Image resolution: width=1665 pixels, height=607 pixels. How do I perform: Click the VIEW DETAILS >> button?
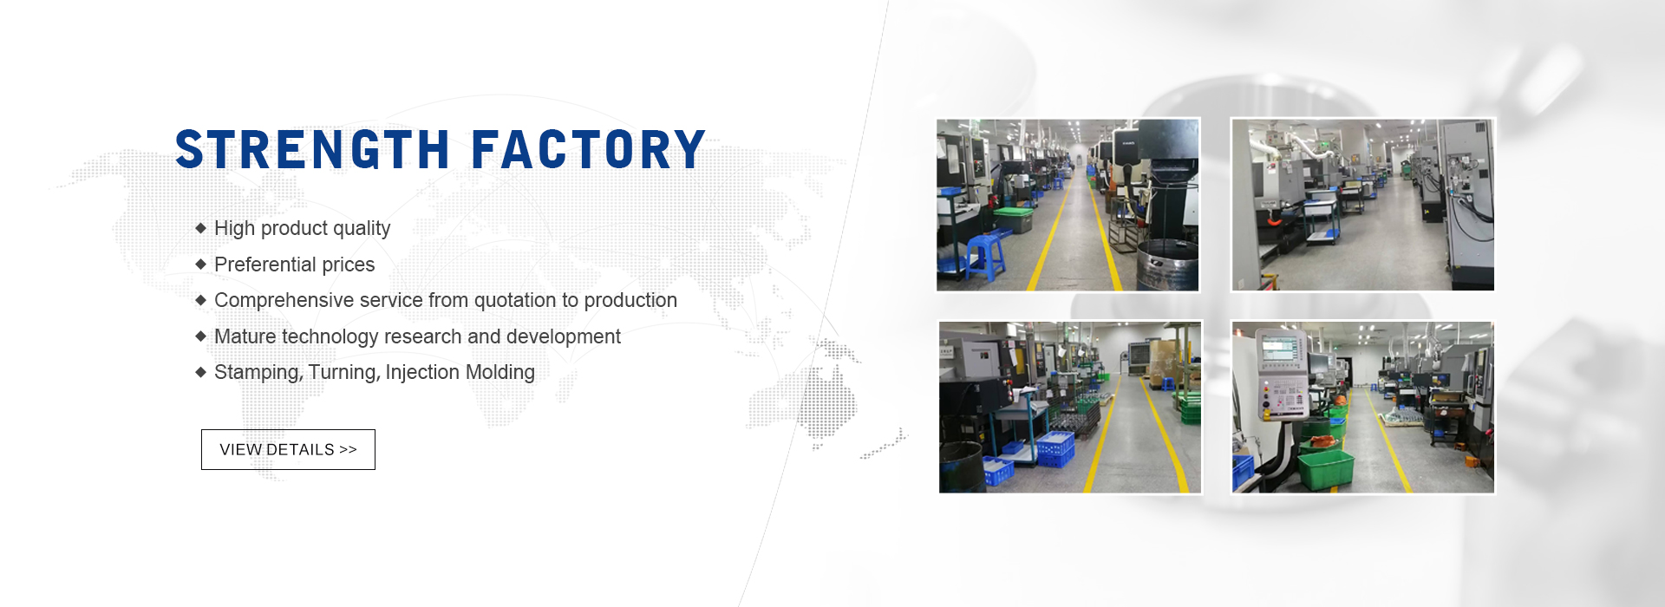tap(288, 449)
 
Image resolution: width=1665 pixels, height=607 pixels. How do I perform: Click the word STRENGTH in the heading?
tap(313, 149)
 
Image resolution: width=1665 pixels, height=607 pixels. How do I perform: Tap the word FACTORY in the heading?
tap(589, 149)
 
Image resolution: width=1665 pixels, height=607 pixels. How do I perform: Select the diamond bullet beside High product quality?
tap(200, 228)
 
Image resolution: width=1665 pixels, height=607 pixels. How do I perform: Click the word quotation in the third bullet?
tap(515, 301)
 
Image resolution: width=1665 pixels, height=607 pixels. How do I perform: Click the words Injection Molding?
tap(460, 372)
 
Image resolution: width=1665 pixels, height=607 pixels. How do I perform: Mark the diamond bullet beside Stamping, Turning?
tap(200, 372)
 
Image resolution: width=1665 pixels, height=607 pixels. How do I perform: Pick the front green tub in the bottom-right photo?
tap(1326, 471)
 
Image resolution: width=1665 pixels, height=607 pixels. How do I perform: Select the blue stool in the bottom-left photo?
tap(1167, 383)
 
